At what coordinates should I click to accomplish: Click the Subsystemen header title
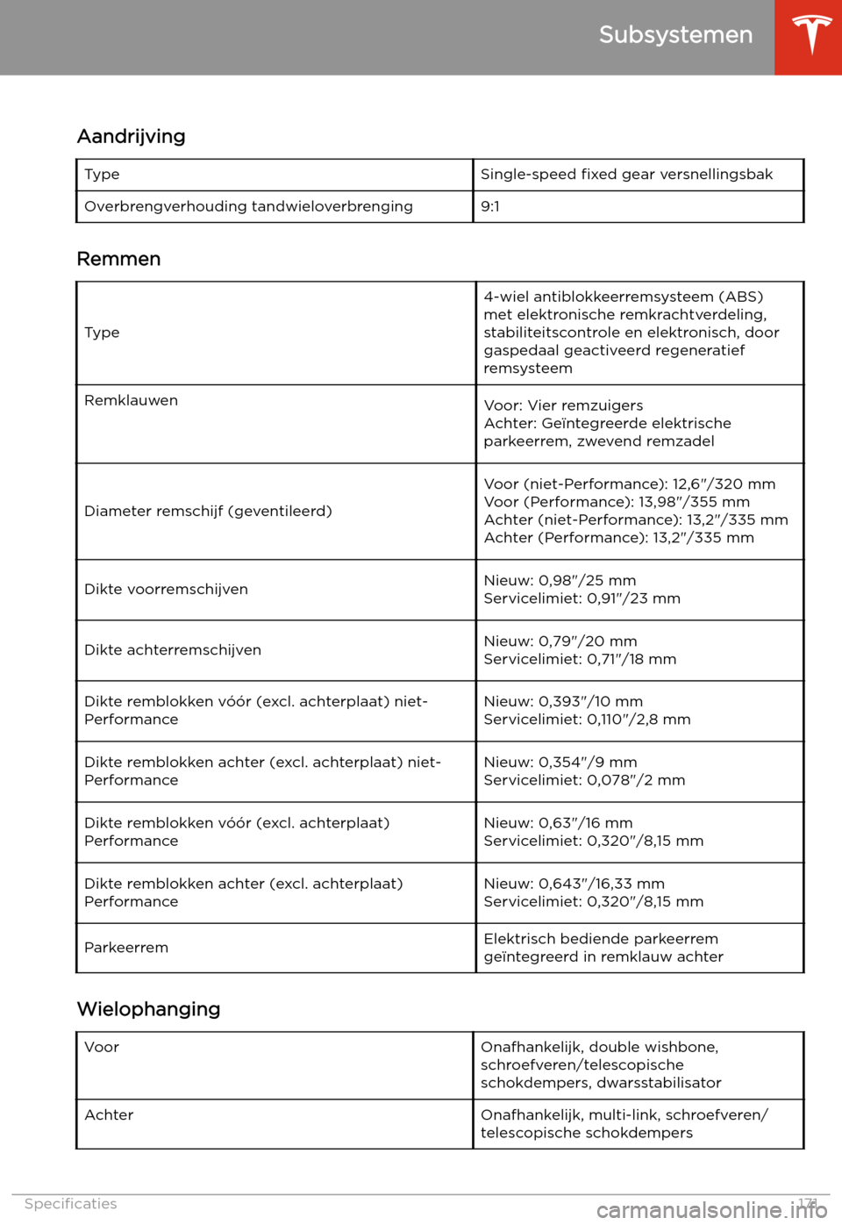tap(675, 35)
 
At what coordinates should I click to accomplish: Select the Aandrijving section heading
tap(132, 136)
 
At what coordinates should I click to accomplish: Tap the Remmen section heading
tap(119, 259)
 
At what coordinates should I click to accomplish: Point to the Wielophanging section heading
tap(149, 1009)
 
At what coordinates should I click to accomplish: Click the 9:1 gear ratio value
tap(490, 206)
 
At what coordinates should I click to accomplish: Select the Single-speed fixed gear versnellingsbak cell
tap(626, 174)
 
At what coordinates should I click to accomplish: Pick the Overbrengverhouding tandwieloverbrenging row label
tap(248, 206)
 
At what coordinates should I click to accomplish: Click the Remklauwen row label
tap(132, 400)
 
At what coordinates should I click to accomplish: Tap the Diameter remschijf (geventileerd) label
tap(208, 511)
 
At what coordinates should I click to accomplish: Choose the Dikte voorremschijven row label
tap(166, 589)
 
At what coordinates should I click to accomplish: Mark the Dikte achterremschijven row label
tap(173, 649)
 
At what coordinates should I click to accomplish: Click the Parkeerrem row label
tap(126, 948)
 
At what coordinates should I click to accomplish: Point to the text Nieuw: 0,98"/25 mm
tap(560, 580)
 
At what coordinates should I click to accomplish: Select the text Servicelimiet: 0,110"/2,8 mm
tap(587, 720)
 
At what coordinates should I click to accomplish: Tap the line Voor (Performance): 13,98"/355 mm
tap(617, 502)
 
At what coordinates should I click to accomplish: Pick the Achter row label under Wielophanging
tap(109, 1114)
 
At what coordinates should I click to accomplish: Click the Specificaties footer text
tap(70, 1204)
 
